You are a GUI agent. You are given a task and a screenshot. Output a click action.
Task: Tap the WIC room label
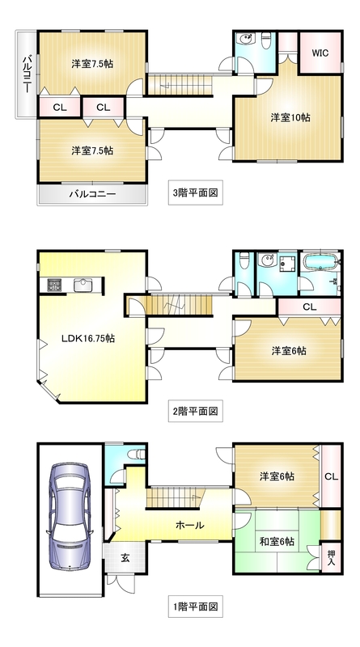click(x=319, y=53)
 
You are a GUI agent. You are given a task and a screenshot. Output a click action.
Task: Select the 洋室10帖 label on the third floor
click(x=290, y=117)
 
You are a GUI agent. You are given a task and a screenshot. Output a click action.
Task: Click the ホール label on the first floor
click(x=189, y=525)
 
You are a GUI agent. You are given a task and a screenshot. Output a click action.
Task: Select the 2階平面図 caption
click(x=197, y=411)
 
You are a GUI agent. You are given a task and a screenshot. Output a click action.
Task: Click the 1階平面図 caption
click(x=197, y=605)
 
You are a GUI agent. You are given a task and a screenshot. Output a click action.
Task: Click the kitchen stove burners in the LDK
click(x=54, y=284)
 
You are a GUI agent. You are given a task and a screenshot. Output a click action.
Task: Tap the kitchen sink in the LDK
click(x=83, y=284)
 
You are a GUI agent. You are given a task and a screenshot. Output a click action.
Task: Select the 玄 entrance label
click(x=126, y=557)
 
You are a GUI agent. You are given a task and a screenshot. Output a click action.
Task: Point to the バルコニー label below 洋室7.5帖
click(x=91, y=194)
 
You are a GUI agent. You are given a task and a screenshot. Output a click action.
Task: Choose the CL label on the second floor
click(x=309, y=307)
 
